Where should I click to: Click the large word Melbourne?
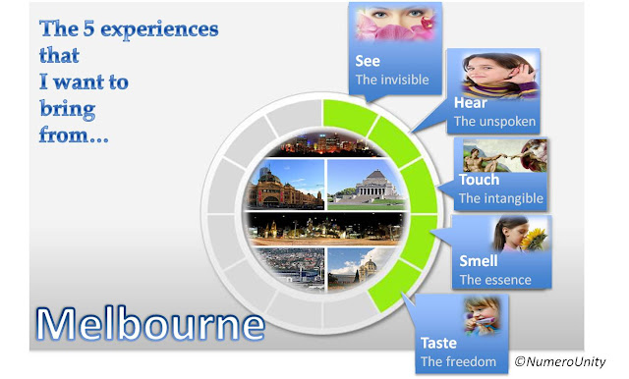[x=150, y=324]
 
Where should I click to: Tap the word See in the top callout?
[x=368, y=61]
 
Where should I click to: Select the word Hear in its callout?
[x=470, y=103]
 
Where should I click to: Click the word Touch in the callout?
[x=479, y=180]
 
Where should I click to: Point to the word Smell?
[x=479, y=261]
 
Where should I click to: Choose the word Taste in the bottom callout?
[x=438, y=343]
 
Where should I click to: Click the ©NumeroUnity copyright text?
[x=560, y=361]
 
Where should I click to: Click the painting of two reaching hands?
[x=505, y=156]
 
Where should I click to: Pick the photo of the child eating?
[x=483, y=315]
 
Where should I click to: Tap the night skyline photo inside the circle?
[x=324, y=144]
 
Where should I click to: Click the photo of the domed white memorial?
[x=366, y=185]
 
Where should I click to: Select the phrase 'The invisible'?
[x=392, y=80]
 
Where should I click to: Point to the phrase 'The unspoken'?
[x=494, y=122]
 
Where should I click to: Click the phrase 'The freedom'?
[x=459, y=361]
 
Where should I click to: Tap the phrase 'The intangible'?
[x=501, y=198]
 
